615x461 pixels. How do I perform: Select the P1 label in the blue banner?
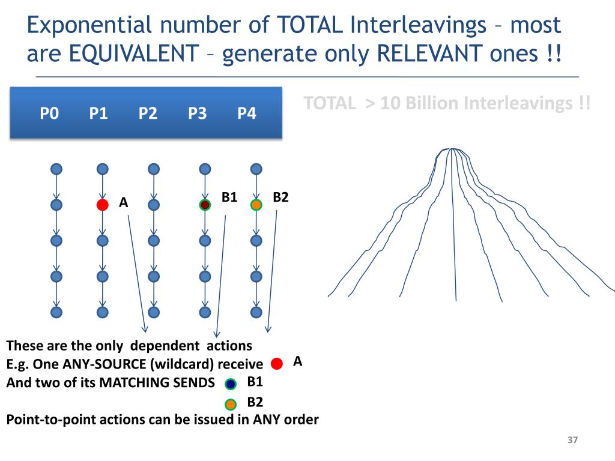pos(98,113)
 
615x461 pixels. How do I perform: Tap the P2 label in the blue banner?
pos(147,113)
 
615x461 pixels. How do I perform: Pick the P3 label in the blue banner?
pos(197,113)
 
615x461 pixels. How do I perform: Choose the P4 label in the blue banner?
pos(246,113)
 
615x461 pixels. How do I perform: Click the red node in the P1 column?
pos(102,205)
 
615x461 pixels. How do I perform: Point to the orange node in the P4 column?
pos(256,205)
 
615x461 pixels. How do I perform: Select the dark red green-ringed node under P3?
pos(205,205)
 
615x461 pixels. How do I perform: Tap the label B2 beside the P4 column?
pos(280,197)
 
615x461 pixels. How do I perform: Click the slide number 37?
pos(572,441)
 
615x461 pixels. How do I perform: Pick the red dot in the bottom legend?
pos(277,364)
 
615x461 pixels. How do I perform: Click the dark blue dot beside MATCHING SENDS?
pos(231,384)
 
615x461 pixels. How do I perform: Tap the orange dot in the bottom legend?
pos(231,405)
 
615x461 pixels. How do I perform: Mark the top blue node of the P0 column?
pos(56,169)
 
